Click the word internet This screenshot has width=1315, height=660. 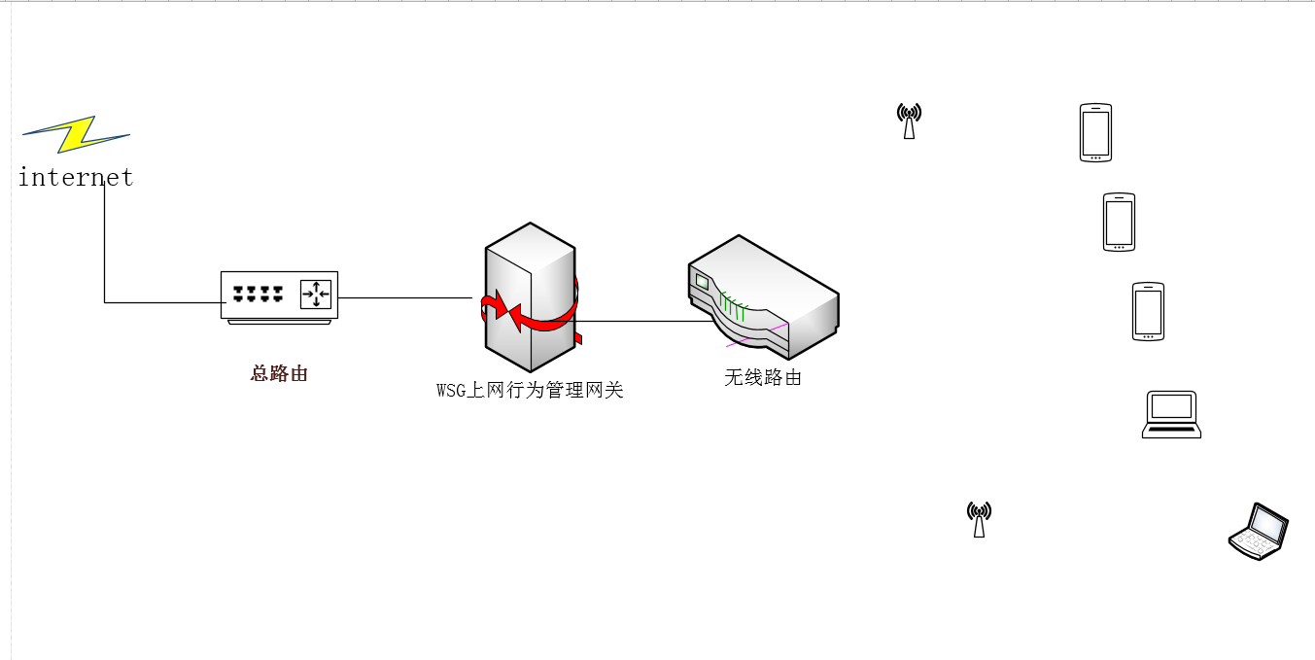pyautogui.click(x=76, y=178)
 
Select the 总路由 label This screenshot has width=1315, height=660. pyautogui.click(x=279, y=373)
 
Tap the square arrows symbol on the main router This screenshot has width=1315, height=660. pyautogui.click(x=316, y=294)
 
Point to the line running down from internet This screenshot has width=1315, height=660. pyautogui.click(x=104, y=243)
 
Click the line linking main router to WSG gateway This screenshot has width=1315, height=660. pyautogui.click(x=403, y=297)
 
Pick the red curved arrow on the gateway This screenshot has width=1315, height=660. pyautogui.click(x=530, y=315)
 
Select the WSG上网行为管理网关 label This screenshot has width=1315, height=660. pyautogui.click(x=530, y=391)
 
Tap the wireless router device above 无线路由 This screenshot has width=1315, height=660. pyautogui.click(x=764, y=296)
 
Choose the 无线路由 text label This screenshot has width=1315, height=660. pyautogui.click(x=763, y=377)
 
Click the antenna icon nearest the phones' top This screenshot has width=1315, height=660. pyautogui.click(x=909, y=122)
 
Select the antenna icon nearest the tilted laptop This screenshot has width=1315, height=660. pyautogui.click(x=979, y=520)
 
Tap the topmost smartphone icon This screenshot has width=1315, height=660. pyautogui.click(x=1095, y=132)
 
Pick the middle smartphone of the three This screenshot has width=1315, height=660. pyautogui.click(x=1119, y=222)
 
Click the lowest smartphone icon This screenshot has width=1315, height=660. pyautogui.click(x=1148, y=311)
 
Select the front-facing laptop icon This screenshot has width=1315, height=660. pyautogui.click(x=1171, y=414)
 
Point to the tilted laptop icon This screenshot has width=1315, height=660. pyautogui.click(x=1259, y=532)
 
